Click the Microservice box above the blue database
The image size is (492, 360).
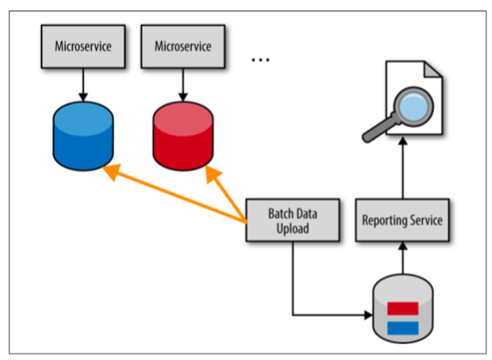(x=83, y=47)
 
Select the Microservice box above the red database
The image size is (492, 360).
(x=183, y=47)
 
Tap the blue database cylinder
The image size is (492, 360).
(x=83, y=136)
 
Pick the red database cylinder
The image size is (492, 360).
(x=183, y=136)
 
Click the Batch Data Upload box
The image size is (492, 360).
(x=293, y=220)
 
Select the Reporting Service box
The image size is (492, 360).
(x=402, y=220)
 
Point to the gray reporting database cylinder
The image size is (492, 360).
(x=403, y=308)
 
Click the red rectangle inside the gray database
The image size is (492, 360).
(x=403, y=308)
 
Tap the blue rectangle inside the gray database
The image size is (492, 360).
(x=403, y=328)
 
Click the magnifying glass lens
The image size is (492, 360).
(x=414, y=107)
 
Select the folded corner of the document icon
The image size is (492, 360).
(x=434, y=69)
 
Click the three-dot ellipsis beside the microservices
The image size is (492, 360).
(x=260, y=59)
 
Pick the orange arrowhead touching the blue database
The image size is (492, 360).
(x=112, y=172)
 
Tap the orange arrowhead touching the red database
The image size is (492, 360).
(x=213, y=174)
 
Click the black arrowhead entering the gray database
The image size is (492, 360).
(x=368, y=314)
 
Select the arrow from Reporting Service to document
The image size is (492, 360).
(x=403, y=168)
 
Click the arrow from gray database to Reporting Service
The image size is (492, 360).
(x=403, y=257)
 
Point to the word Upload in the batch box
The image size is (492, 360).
(x=293, y=228)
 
